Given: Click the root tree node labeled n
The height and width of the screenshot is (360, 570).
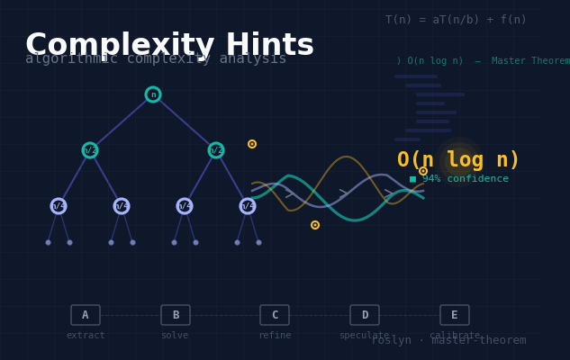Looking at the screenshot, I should pyautogui.click(x=153, y=94).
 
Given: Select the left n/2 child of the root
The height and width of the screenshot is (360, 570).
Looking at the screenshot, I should pyautogui.click(x=90, y=150).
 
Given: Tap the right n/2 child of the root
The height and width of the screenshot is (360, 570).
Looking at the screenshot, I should pyautogui.click(x=216, y=150).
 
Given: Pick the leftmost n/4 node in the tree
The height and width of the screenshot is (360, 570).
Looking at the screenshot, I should pyautogui.click(x=59, y=206).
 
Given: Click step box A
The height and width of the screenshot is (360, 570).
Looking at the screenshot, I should pyautogui.click(x=86, y=315).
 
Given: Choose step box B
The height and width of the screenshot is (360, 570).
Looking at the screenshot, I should pyautogui.click(x=176, y=315).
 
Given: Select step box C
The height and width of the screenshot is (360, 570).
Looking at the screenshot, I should pyautogui.click(x=275, y=315).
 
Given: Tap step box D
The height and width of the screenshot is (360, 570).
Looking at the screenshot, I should pyautogui.click(x=365, y=315).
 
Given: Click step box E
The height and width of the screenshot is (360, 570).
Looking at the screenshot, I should pyautogui.click(x=455, y=315).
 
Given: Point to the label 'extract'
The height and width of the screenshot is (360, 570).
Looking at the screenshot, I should pyautogui.click(x=86, y=336).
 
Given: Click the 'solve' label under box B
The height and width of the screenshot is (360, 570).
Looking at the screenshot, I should pyautogui.click(x=175, y=336).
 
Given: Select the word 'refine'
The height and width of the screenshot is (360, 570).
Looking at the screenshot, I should pyautogui.click(x=275, y=336).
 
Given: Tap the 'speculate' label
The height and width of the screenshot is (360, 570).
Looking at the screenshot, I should pyautogui.click(x=364, y=336).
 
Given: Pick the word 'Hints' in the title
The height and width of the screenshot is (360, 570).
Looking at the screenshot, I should pyautogui.click(x=269, y=45).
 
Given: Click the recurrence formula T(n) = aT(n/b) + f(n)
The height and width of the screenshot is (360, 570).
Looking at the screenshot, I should pyautogui.click(x=456, y=20).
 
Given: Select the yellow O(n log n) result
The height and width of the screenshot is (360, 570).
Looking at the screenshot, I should pyautogui.click(x=458, y=160).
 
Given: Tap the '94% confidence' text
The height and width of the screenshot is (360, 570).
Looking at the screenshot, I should pyautogui.click(x=465, y=179).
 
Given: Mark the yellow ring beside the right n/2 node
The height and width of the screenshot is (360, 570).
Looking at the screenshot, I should pyautogui.click(x=252, y=144).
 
